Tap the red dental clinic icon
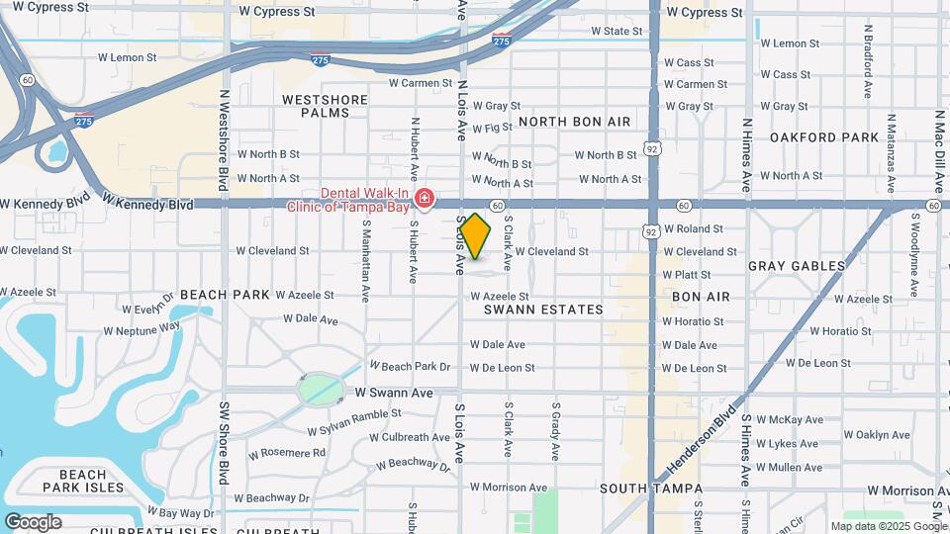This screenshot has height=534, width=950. click(x=425, y=200)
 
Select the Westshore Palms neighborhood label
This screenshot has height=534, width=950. click(x=316, y=106)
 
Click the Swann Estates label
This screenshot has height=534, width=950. click(x=543, y=310)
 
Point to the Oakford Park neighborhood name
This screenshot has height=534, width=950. click(x=824, y=136)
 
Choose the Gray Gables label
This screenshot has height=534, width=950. click(x=797, y=266)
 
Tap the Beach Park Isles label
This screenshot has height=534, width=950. click(x=83, y=481)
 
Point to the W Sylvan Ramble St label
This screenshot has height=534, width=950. click(x=353, y=422)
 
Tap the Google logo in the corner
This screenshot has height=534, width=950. click(x=33, y=522)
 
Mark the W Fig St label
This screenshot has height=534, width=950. click(x=492, y=128)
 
